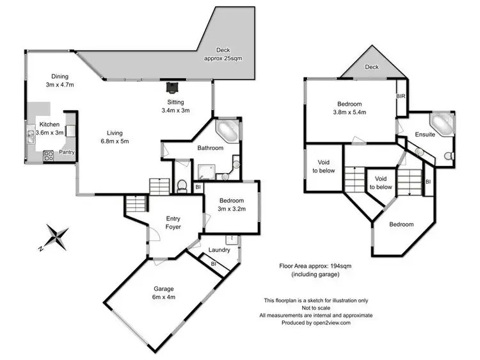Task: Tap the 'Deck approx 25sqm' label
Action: pos(223,54)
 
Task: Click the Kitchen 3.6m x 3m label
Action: pos(50,128)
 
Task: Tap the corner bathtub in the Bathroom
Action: pos(227,130)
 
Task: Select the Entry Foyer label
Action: pos(173,223)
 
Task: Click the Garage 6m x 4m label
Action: pos(163,293)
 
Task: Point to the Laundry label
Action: pos(219,250)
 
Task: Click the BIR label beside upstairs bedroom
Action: pos(401,96)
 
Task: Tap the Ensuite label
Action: pos(424,135)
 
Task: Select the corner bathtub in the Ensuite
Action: pos(441,122)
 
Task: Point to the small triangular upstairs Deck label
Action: pos(371,67)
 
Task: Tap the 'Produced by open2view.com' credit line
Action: pos(316,323)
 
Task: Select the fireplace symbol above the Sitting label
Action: pos(172,86)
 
